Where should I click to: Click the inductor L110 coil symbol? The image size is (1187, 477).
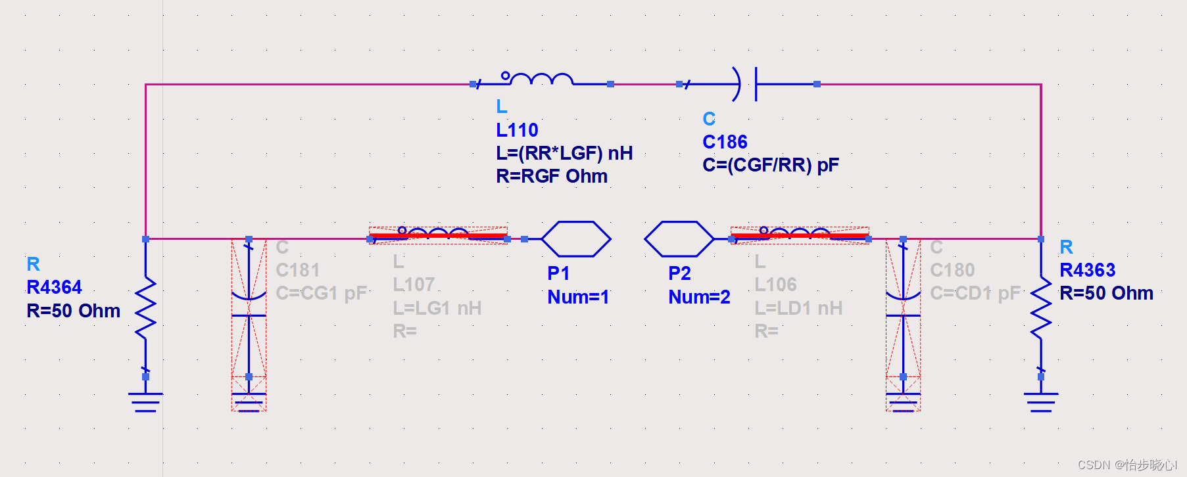point(539,80)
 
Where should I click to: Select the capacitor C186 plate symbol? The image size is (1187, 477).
point(748,84)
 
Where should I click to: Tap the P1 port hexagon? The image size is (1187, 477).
point(575,238)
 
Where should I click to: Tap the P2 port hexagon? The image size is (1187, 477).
point(679,238)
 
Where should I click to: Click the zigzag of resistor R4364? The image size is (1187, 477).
point(145,307)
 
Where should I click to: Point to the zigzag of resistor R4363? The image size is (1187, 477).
point(1041,307)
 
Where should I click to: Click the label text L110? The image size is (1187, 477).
point(517,130)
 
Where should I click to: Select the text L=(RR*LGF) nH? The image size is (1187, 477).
point(564,153)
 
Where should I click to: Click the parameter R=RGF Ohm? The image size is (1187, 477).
point(551,176)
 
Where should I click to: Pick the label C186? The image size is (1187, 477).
point(725,142)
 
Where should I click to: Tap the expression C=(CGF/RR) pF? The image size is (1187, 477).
point(770,165)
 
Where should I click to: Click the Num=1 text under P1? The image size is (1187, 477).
point(578,297)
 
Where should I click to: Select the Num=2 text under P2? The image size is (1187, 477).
point(699,297)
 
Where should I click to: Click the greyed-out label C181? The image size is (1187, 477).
point(298,270)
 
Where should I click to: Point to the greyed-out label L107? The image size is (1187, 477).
point(414,284)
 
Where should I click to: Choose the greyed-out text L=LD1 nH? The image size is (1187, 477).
point(798,308)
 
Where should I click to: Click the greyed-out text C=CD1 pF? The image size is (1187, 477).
point(975,293)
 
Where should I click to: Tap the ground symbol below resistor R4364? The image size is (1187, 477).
point(145,400)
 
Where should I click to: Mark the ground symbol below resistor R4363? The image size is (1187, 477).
point(1041,400)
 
